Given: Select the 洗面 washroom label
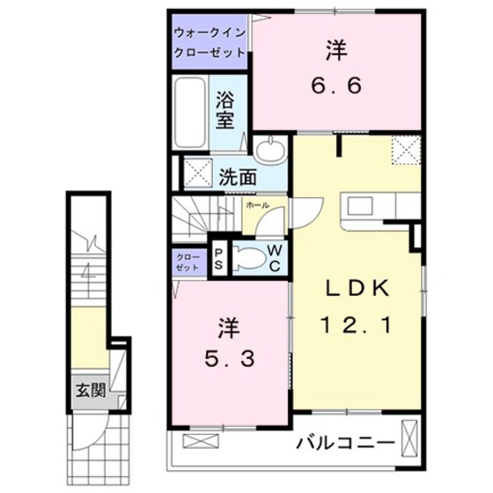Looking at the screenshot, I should pos(239,177).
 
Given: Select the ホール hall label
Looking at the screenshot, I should pos(257,204).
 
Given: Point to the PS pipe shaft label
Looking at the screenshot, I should pos(218,257).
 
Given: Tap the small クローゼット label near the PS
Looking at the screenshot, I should pos(187,261).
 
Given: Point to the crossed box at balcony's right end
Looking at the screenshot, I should pos(409,438).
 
